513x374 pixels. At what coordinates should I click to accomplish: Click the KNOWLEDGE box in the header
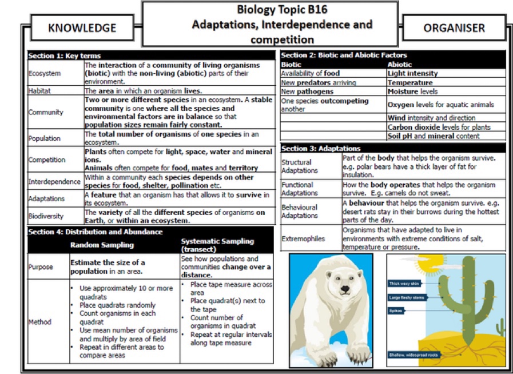tap(82, 28)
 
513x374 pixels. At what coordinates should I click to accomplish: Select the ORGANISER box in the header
tap(454, 28)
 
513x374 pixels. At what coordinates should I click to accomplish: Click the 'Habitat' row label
tap(40, 91)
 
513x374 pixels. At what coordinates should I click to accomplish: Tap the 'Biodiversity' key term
tap(46, 217)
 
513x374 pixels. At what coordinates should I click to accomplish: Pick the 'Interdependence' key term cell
tap(54, 182)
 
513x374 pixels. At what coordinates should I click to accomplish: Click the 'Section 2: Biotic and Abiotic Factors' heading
tap(344, 55)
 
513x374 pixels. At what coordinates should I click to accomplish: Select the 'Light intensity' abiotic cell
tap(412, 73)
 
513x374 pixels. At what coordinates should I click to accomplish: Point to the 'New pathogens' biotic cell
tap(307, 91)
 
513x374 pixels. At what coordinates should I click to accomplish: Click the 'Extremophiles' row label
tap(303, 238)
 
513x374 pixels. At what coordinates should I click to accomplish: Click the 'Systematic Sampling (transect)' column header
tap(217, 245)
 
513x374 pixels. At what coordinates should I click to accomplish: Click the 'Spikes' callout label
tap(397, 311)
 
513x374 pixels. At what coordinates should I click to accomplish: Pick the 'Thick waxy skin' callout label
tap(403, 284)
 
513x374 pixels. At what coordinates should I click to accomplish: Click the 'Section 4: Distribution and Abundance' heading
tap(96, 232)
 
